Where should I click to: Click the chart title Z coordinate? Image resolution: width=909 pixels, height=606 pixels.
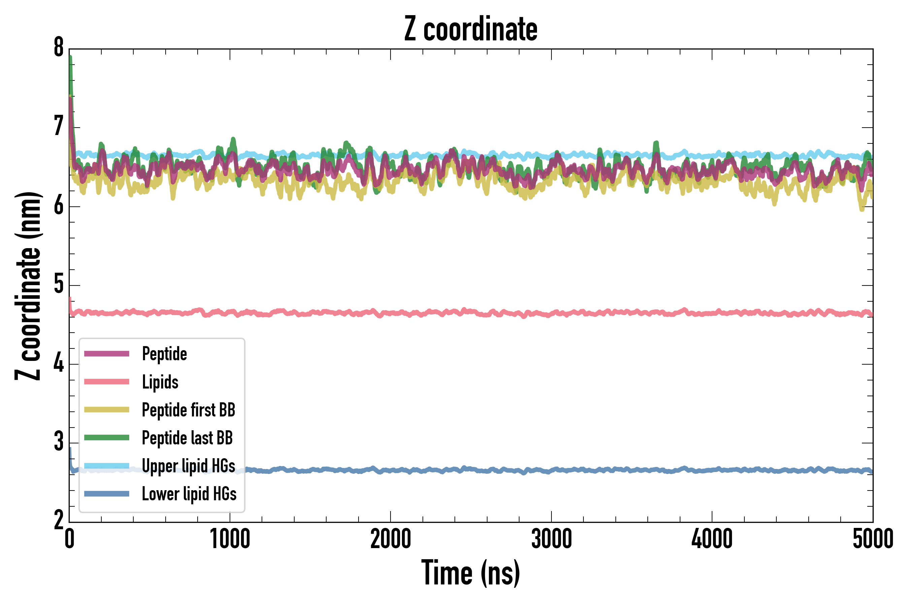470,29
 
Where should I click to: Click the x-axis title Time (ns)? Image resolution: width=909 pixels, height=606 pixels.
470,573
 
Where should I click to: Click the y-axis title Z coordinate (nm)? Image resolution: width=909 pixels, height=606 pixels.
28,286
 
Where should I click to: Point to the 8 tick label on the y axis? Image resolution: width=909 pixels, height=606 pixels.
59,48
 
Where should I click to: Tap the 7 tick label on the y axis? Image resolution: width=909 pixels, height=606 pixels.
59,127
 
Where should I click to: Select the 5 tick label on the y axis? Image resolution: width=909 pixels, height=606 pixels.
59,285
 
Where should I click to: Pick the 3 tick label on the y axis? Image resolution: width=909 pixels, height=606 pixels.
59,442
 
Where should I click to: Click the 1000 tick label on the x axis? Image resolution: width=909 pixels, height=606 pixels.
230,539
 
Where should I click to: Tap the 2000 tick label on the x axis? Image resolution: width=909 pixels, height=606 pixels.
390,539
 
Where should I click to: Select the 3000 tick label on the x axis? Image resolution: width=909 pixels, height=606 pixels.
551,539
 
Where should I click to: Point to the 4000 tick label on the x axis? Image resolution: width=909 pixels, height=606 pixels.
712,539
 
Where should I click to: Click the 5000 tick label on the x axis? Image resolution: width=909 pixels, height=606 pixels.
873,539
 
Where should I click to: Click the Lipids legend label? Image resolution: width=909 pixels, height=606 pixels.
160,382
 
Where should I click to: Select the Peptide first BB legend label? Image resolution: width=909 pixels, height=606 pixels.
188,410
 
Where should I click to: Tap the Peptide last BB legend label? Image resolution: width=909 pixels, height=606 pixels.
187,438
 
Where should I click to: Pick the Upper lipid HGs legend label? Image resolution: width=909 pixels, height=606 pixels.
188,466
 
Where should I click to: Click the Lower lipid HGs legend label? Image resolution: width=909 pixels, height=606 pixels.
189,494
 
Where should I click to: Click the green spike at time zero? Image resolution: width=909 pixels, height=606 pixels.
71,66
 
